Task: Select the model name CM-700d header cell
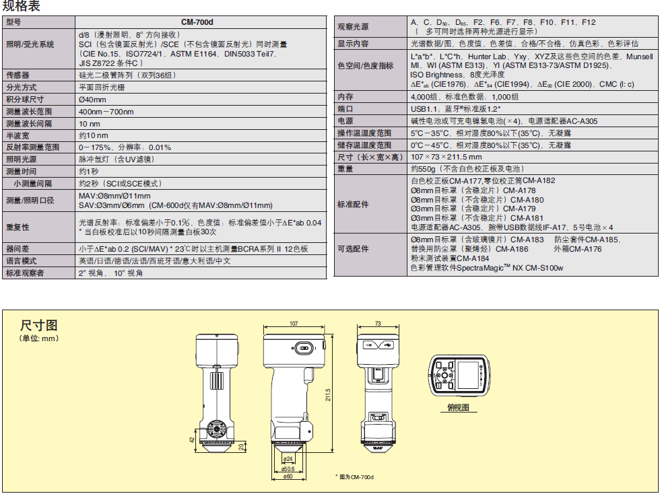tap(201, 22)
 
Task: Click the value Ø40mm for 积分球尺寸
tap(93, 100)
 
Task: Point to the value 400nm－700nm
tap(106, 112)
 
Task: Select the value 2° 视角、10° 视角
tap(111, 273)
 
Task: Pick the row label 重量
tap(345, 169)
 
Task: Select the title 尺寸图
tap(38, 326)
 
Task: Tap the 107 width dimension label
tap(294, 324)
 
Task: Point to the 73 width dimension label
tap(378, 324)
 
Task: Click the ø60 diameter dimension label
tap(288, 476)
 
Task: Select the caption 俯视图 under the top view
tap(458, 408)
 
